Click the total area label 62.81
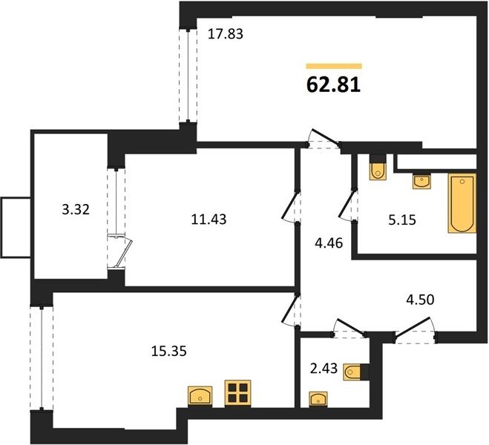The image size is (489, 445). (333, 85)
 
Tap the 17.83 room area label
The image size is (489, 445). (225, 34)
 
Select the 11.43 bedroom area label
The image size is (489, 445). (209, 220)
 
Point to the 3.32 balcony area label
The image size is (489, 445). (76, 209)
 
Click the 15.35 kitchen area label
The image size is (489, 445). (169, 352)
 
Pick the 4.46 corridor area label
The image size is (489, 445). (329, 243)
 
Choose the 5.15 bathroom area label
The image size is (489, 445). (402, 220)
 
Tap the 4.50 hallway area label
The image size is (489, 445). (420, 300)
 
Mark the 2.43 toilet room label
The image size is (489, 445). (324, 369)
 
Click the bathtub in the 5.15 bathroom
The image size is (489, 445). (462, 203)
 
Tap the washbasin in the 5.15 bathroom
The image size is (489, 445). (421, 182)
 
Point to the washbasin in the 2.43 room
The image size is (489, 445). (318, 399)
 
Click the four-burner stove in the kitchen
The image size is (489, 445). (237, 393)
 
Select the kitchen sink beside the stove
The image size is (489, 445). (200, 396)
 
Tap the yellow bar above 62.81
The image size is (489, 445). (334, 66)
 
